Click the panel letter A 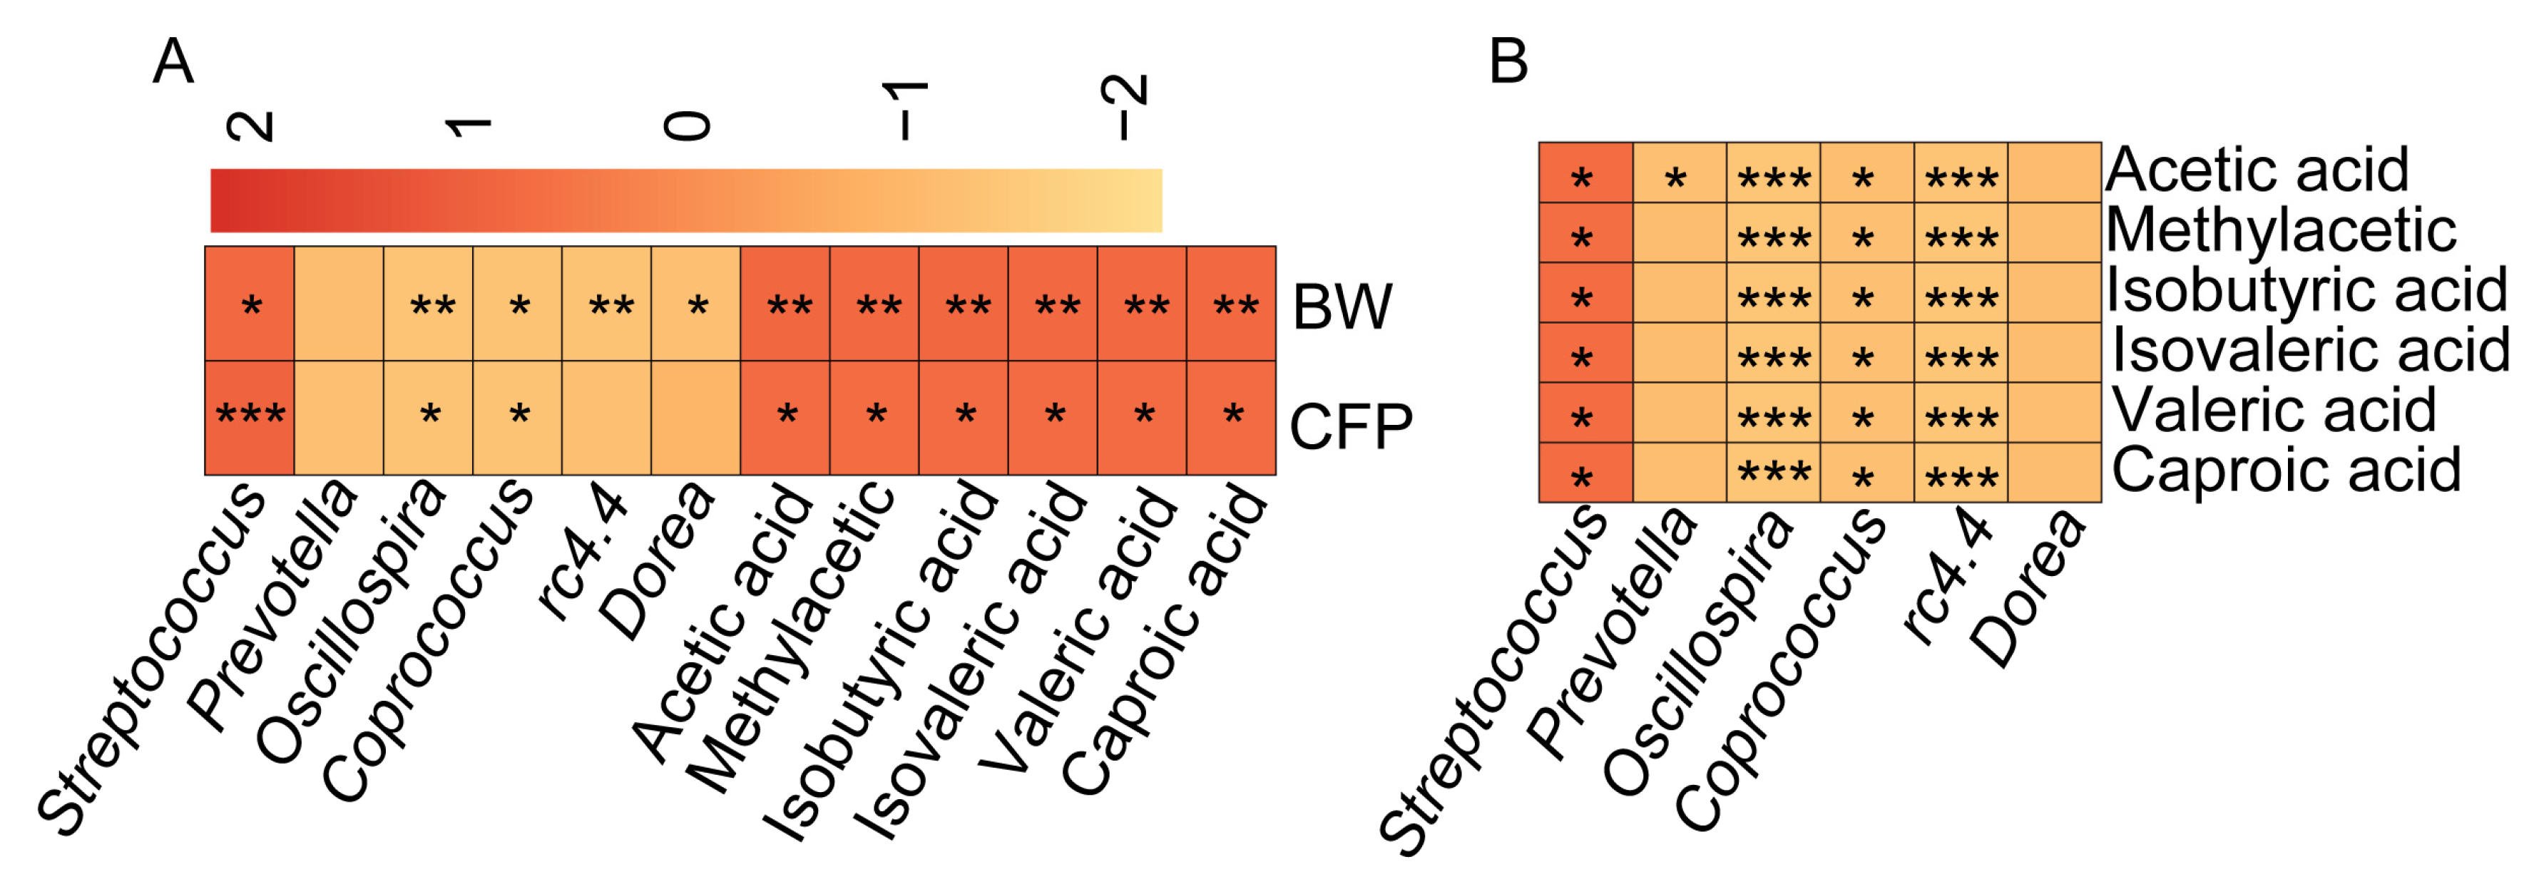click(x=173, y=62)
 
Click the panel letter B click(x=1508, y=62)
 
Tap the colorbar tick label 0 click(x=687, y=125)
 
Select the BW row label click(x=1342, y=307)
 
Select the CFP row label click(x=1350, y=426)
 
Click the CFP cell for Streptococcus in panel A click(x=250, y=418)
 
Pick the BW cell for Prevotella click(x=338, y=304)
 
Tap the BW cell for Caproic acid click(x=1231, y=304)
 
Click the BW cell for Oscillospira click(x=428, y=304)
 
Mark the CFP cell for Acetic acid click(x=785, y=418)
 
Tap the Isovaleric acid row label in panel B click(x=2310, y=350)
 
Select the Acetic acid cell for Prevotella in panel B click(x=1679, y=173)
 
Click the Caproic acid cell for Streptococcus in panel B click(x=1585, y=472)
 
